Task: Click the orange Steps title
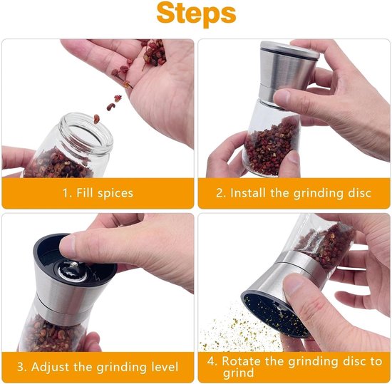tap(196, 14)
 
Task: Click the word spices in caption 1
tap(115, 193)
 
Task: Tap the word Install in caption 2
tap(248, 193)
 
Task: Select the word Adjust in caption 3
tap(51, 367)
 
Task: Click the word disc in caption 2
tap(359, 193)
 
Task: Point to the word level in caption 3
tap(165, 366)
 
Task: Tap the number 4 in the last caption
tap(210, 361)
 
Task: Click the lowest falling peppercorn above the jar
tap(96, 119)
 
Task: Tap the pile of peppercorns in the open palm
tap(154, 53)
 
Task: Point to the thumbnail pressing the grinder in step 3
tap(67, 245)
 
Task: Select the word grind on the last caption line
tap(238, 373)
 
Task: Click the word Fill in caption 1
tap(85, 193)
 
